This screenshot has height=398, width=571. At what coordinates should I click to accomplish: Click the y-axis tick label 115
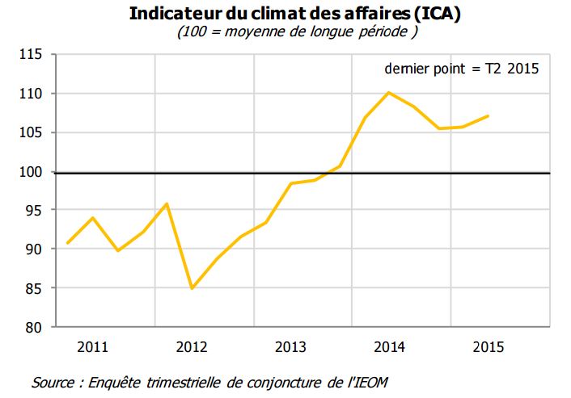(30, 55)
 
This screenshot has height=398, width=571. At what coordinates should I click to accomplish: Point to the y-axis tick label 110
(30, 94)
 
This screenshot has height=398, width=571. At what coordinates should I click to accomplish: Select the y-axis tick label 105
(30, 133)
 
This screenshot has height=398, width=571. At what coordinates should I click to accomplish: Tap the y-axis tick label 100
(30, 172)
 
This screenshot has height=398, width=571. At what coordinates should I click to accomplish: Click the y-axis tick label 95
(33, 211)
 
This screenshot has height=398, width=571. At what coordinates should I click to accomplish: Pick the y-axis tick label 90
(33, 249)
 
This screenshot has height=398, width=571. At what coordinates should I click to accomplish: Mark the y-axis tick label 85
(33, 288)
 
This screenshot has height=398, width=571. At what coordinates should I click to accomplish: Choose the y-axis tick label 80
(33, 327)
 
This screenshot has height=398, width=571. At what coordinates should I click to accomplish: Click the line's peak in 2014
(389, 92)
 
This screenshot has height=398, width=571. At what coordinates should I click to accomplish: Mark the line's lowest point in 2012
(192, 288)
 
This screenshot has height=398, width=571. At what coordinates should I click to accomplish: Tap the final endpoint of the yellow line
(488, 115)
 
